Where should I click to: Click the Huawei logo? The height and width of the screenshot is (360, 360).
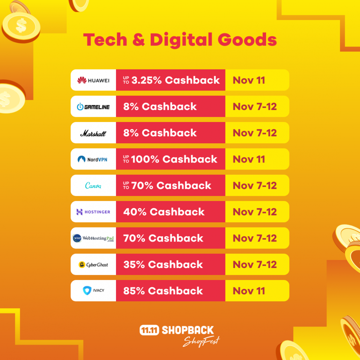(93, 80)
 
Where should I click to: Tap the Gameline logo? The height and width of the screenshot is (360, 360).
(93, 107)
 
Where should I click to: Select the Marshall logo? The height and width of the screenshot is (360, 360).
(93, 133)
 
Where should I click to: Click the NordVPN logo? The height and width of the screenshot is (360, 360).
(93, 159)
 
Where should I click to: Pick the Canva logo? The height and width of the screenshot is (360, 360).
(93, 186)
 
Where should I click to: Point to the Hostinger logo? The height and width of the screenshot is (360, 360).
(93, 212)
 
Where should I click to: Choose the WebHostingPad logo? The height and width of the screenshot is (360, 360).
(93, 238)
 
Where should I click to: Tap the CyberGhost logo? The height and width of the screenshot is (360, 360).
(93, 265)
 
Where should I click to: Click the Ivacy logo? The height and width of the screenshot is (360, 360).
(93, 291)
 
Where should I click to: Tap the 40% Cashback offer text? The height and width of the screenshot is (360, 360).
(164, 212)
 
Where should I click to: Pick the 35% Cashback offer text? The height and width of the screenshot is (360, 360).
(163, 265)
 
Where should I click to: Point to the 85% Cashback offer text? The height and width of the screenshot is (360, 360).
(163, 291)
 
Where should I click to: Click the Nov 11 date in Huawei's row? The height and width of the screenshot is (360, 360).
(249, 80)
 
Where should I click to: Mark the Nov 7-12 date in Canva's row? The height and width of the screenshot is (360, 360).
(254, 186)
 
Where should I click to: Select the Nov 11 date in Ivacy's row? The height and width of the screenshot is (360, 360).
(249, 291)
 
